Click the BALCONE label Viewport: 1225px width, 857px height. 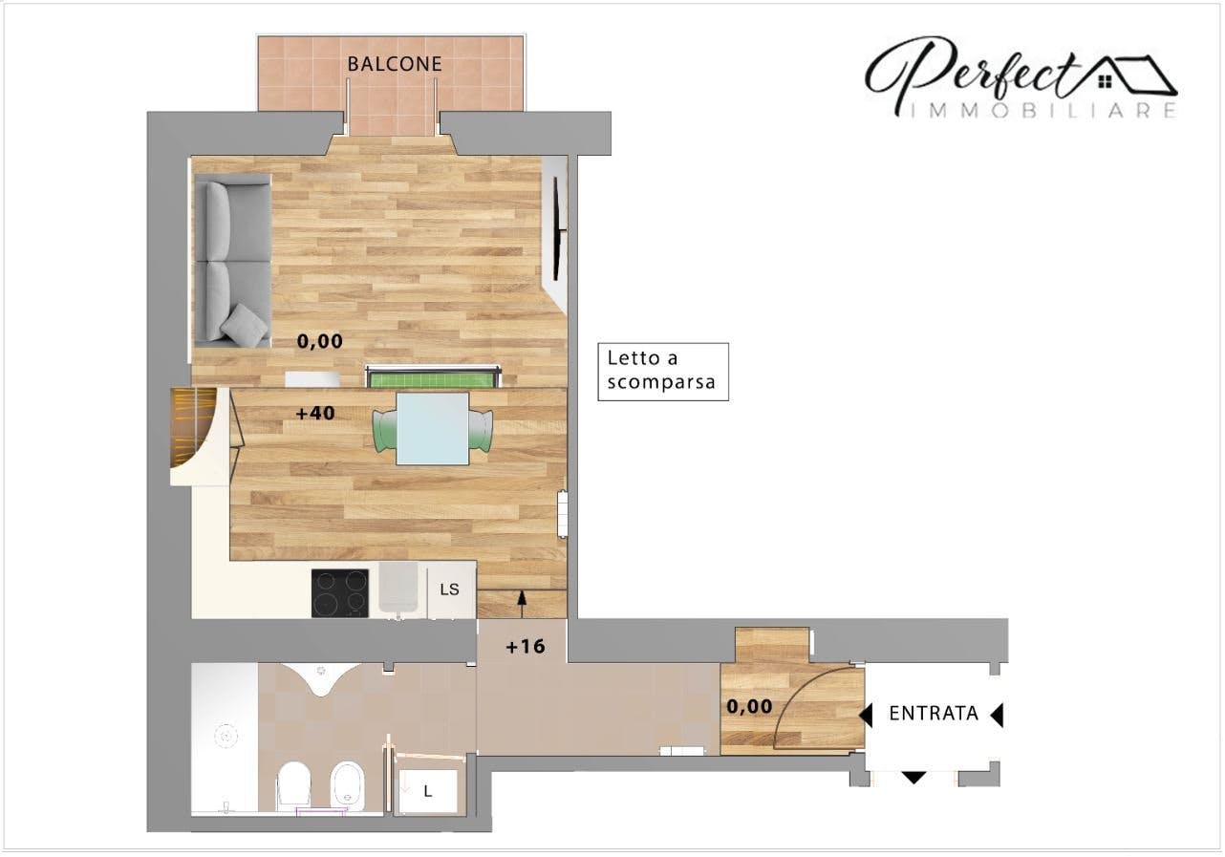tap(395, 64)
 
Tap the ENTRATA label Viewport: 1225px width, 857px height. tap(934, 713)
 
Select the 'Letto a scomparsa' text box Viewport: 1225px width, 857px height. tap(663, 372)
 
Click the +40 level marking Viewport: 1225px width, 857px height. tap(315, 413)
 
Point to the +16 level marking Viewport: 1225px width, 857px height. tap(526, 647)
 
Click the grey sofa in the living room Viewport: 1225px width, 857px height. tap(233, 260)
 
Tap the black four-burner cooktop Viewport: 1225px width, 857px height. tap(339, 593)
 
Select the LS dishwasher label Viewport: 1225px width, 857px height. tap(449, 589)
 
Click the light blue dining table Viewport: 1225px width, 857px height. tap(433, 429)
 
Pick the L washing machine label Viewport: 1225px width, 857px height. tap(428, 791)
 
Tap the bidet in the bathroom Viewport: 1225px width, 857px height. tap(347, 786)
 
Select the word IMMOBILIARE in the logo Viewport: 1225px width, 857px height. tap(1042, 111)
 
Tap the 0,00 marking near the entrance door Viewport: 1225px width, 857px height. tap(749, 707)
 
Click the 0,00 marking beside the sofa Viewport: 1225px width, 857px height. tap(319, 341)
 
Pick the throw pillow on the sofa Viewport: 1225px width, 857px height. tap(244, 326)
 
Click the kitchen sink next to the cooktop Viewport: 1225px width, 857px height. tap(398, 588)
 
